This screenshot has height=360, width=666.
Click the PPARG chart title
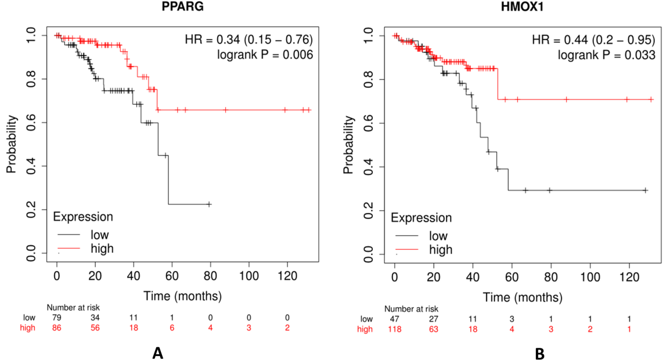tap(183, 6)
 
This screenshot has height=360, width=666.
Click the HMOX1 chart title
tap(522, 7)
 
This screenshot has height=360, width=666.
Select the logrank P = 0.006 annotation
tap(265, 55)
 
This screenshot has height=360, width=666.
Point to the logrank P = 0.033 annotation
tap(607, 55)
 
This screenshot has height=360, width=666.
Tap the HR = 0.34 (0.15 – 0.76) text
tap(249, 39)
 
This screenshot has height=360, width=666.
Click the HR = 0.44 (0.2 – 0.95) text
tap(594, 39)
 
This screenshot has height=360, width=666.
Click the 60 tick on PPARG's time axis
tap(172, 276)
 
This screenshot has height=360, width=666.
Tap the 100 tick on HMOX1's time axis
tap(590, 277)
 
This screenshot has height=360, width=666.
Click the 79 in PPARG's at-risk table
tap(56, 318)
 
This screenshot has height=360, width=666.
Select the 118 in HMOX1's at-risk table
tap(395, 329)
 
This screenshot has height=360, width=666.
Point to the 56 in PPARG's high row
tap(95, 327)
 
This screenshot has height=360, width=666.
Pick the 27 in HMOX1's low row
tap(434, 319)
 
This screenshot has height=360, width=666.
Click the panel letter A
tap(157, 353)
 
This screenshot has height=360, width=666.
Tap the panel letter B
tap(540, 354)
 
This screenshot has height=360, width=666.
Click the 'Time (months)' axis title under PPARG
tap(183, 296)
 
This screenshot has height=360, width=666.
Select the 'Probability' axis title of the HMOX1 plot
tap(348, 145)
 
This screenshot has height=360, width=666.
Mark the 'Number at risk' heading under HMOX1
tap(411, 309)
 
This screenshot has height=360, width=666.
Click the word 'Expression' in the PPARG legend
tap(83, 217)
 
